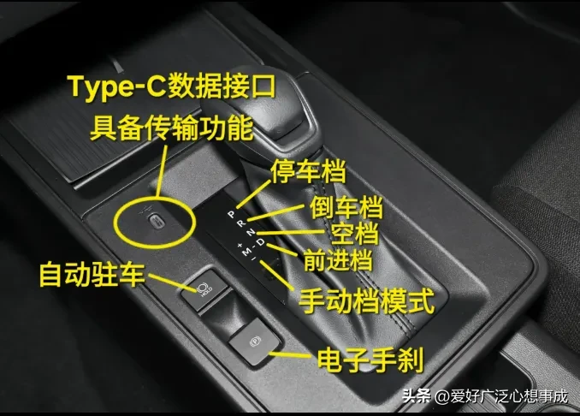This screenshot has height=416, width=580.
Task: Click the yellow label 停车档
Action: coord(308,171)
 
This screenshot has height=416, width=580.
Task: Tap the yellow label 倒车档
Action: coord(346,207)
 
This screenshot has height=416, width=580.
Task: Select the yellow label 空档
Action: coord(355,234)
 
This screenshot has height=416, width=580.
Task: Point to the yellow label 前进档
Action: coord(338,260)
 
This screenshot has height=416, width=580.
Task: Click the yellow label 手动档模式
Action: coord(367,301)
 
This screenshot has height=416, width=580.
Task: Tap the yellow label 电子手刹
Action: coord(370,359)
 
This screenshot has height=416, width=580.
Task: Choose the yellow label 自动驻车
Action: coord(92,274)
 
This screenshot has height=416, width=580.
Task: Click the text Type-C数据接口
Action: coord(172,87)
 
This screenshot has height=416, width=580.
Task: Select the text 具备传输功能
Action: coord(172,128)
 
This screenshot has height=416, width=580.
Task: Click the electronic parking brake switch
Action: coord(254,342)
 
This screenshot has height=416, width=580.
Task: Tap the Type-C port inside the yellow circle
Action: coord(157,221)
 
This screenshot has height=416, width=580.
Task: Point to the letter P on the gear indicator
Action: coord(232,214)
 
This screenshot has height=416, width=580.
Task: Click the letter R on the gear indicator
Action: coord(240,223)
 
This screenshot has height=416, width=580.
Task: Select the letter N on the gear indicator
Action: coord(251,232)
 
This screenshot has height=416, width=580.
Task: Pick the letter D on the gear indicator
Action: coord(261,241)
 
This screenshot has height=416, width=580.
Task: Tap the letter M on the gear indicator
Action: coord(246,253)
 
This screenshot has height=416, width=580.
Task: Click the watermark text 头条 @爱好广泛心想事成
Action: coord(485,396)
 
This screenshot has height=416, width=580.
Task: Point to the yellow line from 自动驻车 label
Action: coord(172,282)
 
